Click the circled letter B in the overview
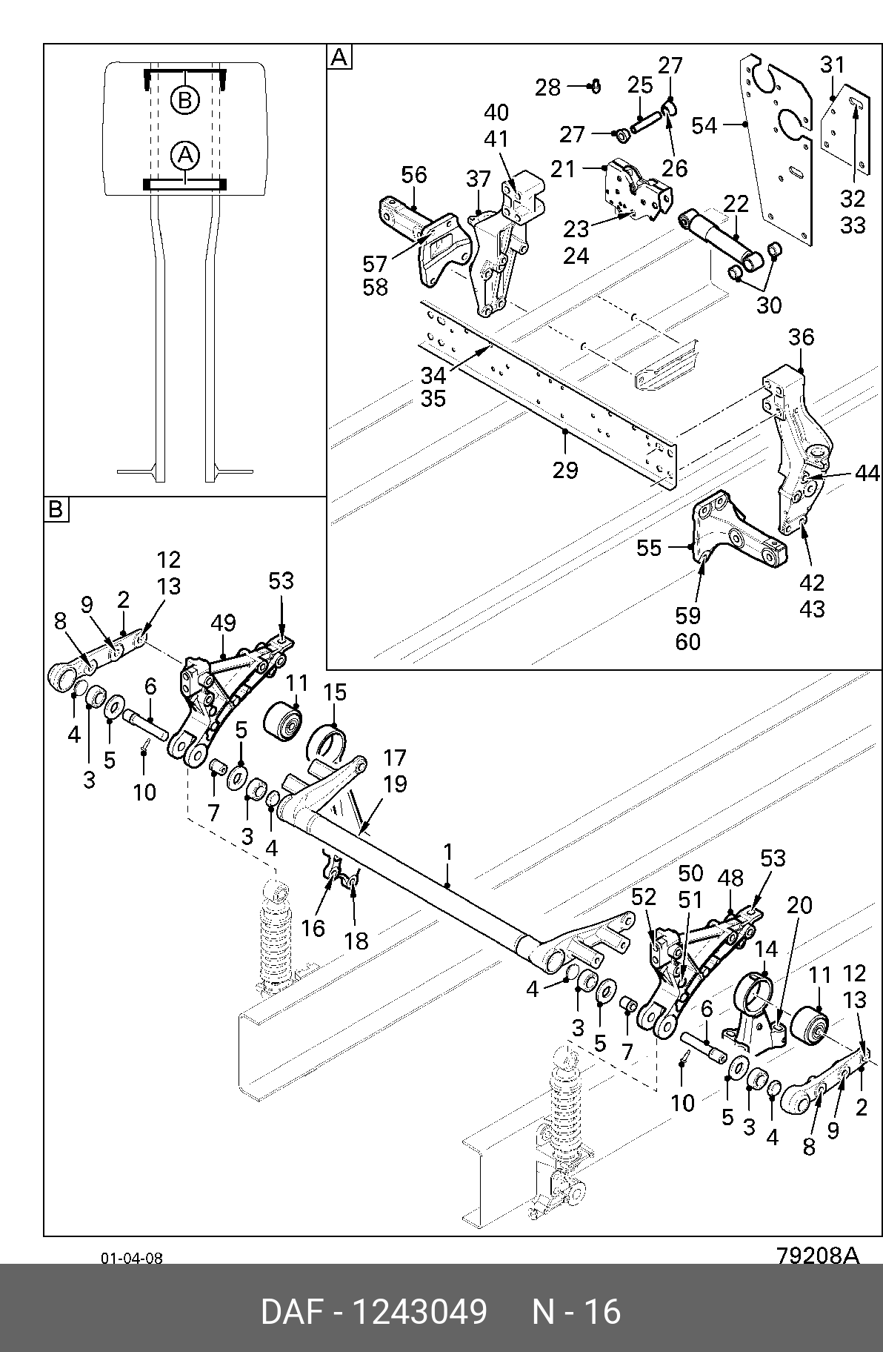tap(185, 99)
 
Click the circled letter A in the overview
tap(185, 156)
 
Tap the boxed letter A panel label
tap(339, 57)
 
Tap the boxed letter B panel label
tap(56, 509)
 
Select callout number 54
tap(704, 125)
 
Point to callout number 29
tap(565, 470)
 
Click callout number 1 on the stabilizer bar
tap(448, 852)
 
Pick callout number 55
tap(650, 548)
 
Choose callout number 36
tap(802, 337)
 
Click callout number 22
tap(736, 204)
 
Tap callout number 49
tap(223, 623)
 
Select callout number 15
tap(335, 692)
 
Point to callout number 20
tap(799, 905)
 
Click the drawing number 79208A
tap(818, 1256)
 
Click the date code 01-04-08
tap(132, 1258)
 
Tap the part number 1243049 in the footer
tap(419, 1311)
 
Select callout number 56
tap(414, 175)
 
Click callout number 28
tap(548, 87)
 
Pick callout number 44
tap(867, 473)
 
